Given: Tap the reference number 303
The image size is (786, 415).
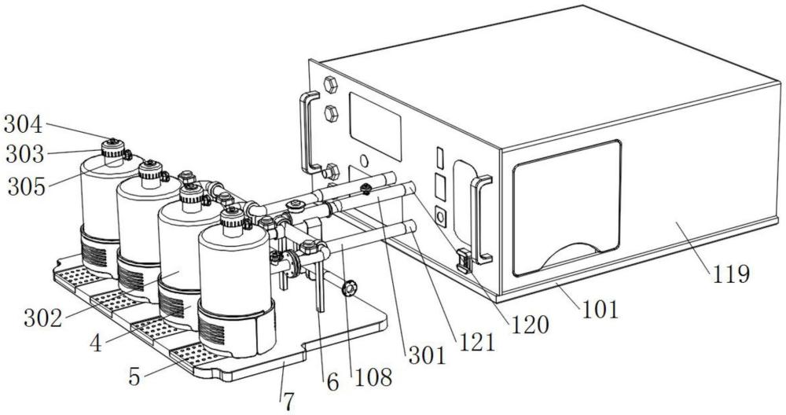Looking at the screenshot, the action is (25, 154).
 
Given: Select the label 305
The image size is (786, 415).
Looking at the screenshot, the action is (27, 187).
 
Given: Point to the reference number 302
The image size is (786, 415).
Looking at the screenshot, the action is (43, 318).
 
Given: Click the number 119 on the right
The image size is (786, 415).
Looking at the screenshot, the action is (730, 274).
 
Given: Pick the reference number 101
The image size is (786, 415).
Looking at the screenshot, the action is (600, 310).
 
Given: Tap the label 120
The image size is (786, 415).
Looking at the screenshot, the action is (530, 325).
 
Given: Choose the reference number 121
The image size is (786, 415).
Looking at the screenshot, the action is (475, 343).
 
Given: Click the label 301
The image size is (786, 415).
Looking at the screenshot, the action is (427, 356).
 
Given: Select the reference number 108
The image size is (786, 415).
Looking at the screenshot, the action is (373, 377).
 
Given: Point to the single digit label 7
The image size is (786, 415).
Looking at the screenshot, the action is (288, 402).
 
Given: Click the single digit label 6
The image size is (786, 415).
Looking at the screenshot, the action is (332, 383).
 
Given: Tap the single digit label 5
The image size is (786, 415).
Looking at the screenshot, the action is (134, 377).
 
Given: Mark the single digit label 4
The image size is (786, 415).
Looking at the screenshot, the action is (96, 343).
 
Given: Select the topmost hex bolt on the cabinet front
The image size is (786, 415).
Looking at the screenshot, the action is (330, 85).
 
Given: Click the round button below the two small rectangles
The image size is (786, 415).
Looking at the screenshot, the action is (441, 217).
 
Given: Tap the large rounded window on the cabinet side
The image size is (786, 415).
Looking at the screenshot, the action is (567, 208).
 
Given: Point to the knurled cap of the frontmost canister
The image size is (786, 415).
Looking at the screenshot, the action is (233, 218).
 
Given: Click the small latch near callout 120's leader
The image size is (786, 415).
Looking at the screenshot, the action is (465, 261).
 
